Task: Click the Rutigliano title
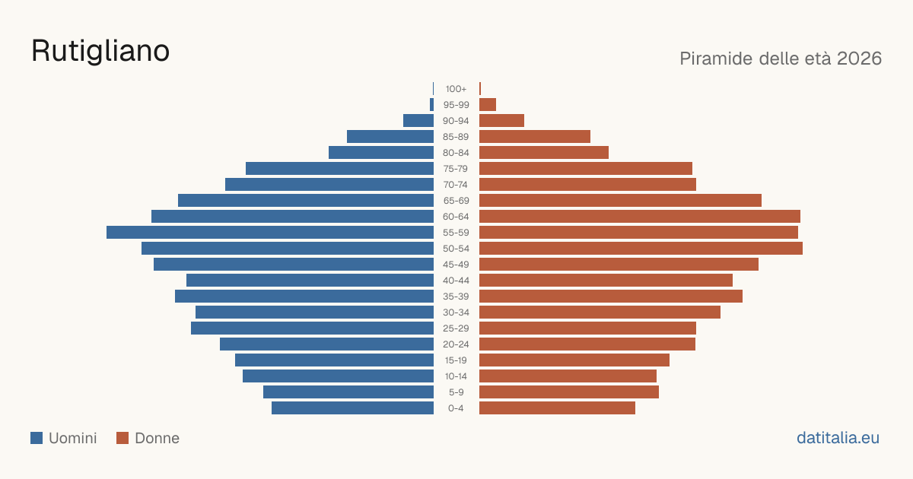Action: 100,52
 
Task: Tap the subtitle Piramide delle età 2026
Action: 781,59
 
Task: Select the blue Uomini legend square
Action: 37,438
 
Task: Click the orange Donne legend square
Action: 122,438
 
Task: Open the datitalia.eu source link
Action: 838,438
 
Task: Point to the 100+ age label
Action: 456,89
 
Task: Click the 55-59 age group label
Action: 456,233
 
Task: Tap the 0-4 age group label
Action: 456,408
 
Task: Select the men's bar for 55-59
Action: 270,233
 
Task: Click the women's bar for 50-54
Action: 641,249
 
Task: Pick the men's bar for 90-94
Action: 418,121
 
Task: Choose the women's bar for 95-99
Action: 488,105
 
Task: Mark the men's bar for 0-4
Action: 352,408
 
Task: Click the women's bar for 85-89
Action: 535,136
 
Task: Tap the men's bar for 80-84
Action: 381,152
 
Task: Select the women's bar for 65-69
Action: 620,201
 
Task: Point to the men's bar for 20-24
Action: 326,344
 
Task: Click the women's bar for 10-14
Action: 568,376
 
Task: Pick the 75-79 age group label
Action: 456,169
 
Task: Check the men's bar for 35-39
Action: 304,296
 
